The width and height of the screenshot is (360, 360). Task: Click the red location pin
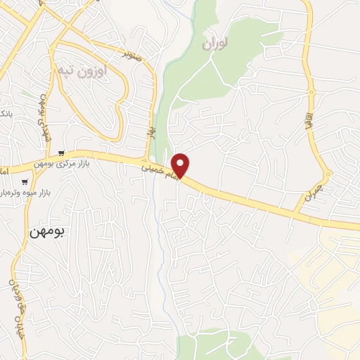click(181, 166)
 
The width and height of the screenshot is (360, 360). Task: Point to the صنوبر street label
click(132, 53)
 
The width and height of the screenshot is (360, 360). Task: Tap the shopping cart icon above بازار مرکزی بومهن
click(62, 153)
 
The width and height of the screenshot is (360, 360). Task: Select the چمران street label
click(312, 192)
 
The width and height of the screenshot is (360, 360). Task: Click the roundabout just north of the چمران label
click(328, 174)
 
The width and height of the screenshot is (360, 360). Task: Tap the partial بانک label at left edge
click(5, 113)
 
